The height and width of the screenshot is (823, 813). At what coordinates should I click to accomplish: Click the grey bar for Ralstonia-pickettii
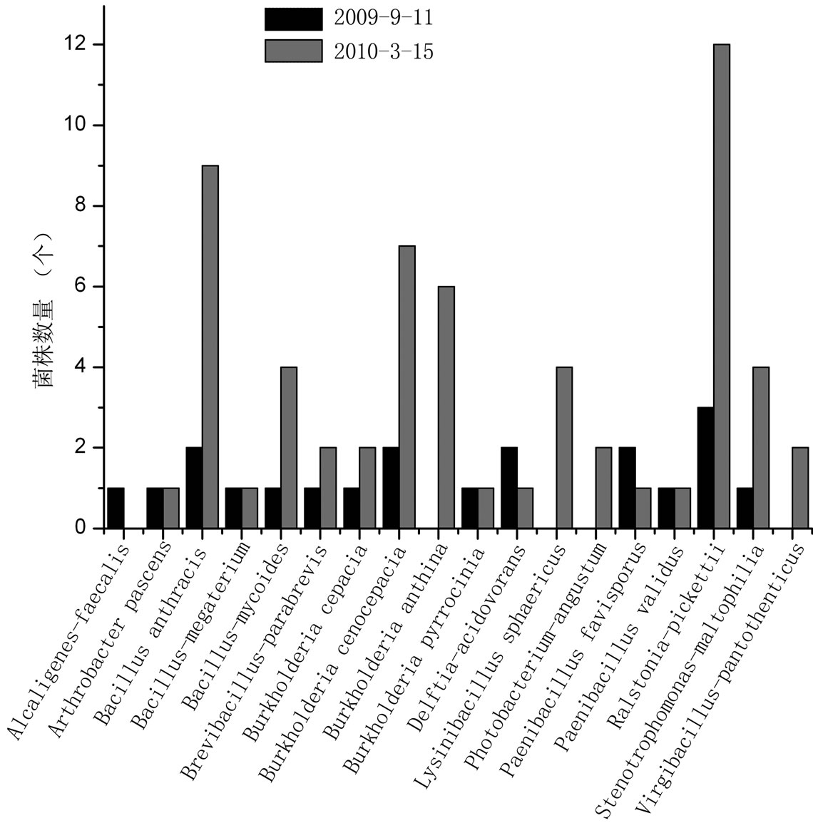[x=721, y=286]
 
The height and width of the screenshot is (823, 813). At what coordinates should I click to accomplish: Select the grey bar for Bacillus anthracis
[x=210, y=347]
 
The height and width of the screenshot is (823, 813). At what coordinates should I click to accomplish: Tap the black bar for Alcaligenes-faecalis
[x=116, y=508]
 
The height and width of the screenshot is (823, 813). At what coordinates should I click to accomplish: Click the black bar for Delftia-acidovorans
[x=509, y=488]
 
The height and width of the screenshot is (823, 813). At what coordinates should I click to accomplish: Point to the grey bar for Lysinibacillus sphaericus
[x=564, y=448]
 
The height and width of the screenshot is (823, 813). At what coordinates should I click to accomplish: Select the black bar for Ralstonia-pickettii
[x=705, y=468]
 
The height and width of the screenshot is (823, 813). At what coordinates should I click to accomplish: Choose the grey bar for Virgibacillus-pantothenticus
[x=800, y=488]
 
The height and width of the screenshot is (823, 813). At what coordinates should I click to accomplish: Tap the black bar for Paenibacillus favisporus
[x=627, y=488]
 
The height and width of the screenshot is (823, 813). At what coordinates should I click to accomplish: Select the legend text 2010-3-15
[x=383, y=51]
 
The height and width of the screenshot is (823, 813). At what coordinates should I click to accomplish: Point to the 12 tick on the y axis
[x=101, y=44]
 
